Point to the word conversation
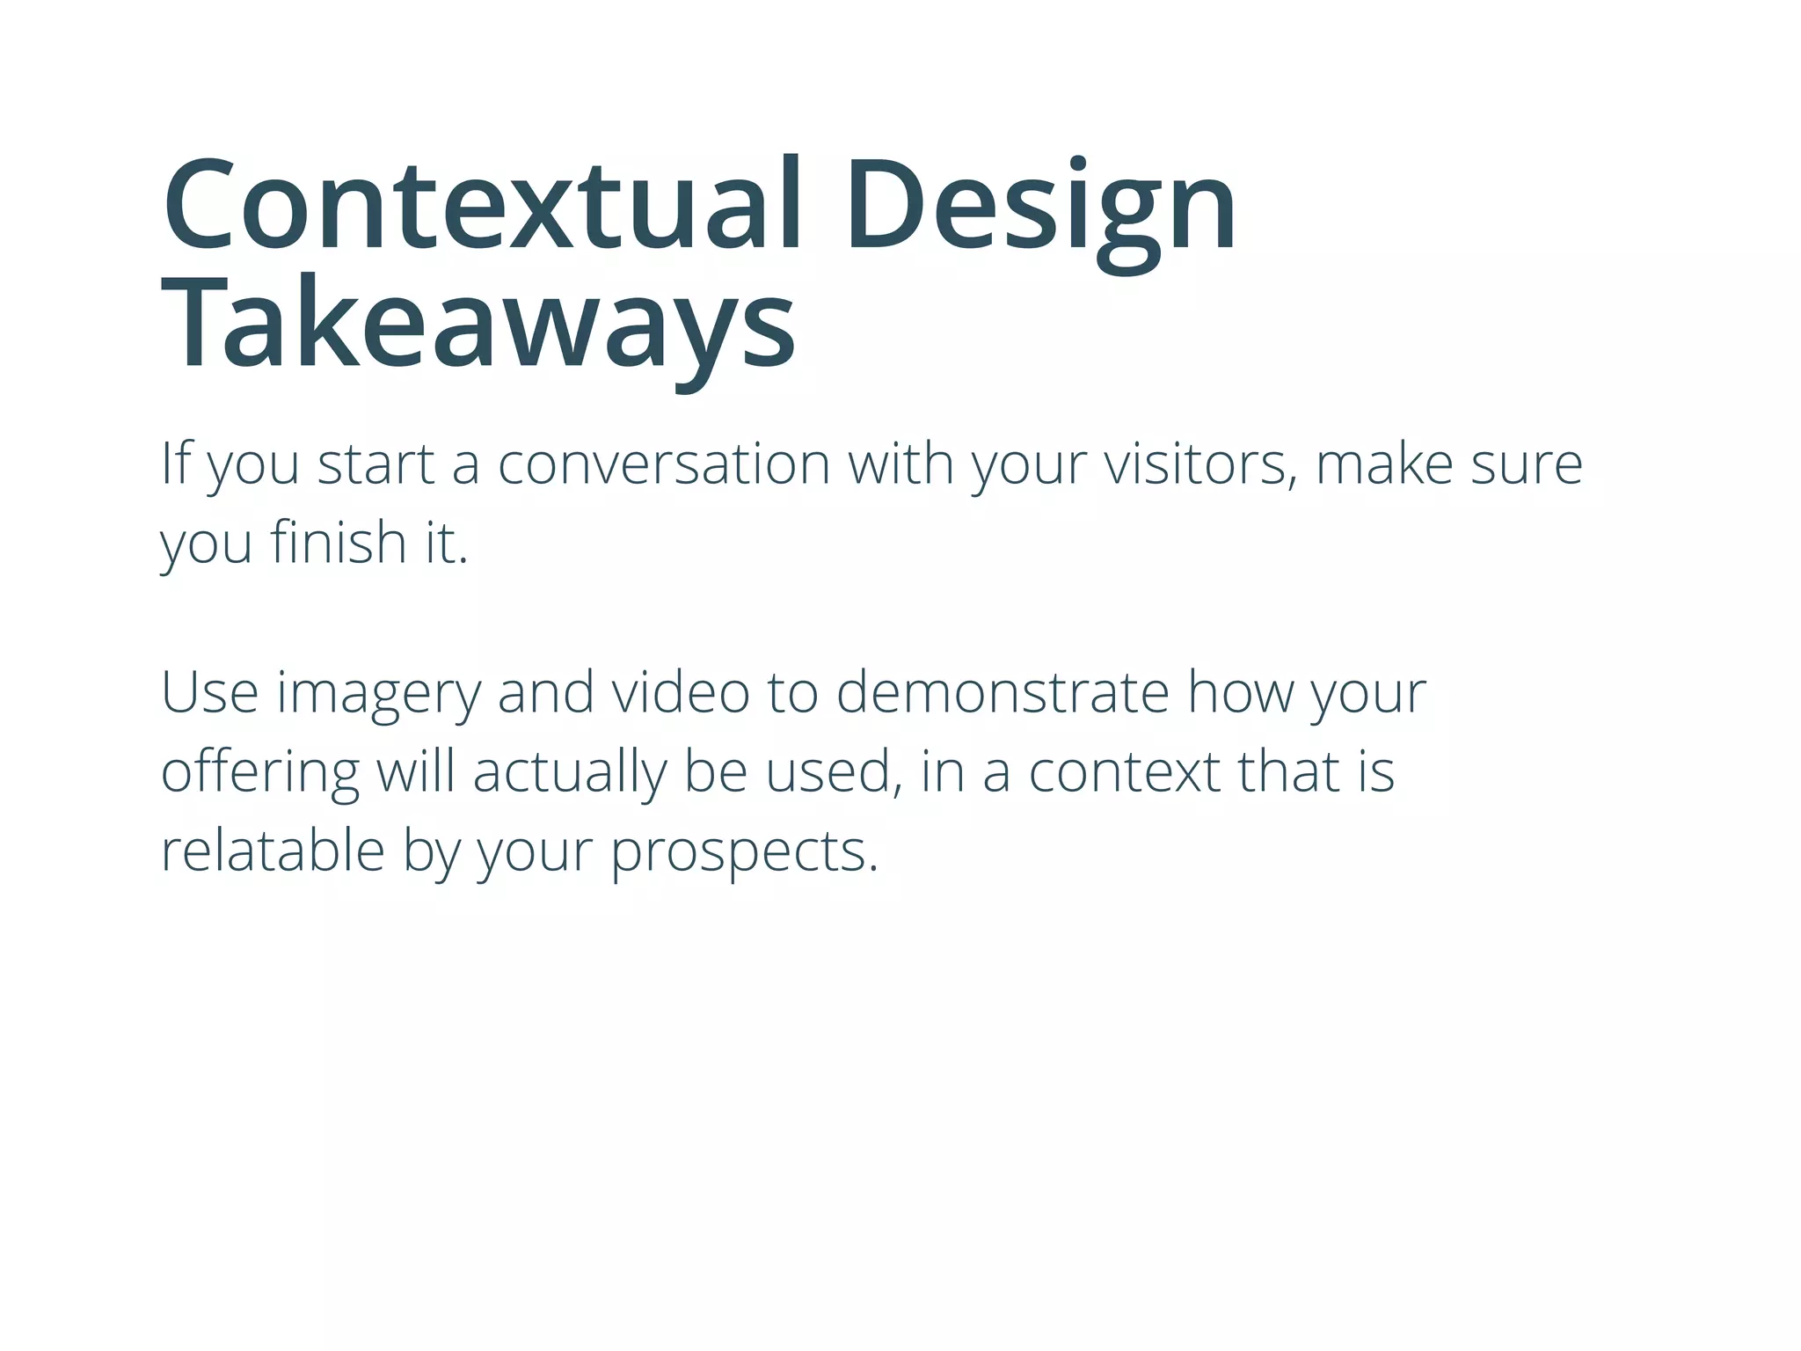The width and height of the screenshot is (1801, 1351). point(664,464)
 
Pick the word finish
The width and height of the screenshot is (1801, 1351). point(338,542)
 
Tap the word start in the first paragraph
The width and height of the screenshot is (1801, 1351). point(376,464)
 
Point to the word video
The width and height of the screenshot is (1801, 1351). point(681,692)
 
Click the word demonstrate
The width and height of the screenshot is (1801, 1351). point(1003,692)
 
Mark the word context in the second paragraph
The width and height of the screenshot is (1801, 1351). point(1125,771)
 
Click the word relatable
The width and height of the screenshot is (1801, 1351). point(273,851)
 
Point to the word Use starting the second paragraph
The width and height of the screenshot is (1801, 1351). point(209,692)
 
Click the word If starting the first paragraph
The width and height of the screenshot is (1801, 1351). point(175,464)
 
